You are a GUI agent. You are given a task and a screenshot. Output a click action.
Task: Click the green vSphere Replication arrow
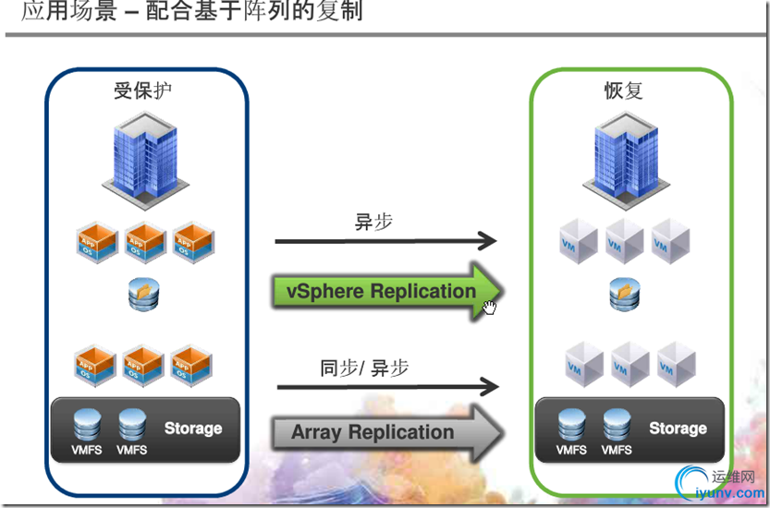pyautogui.click(x=388, y=291)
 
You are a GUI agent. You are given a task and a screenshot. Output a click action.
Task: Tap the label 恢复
pyautogui.click(x=623, y=91)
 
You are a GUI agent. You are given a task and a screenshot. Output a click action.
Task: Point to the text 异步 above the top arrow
pyautogui.click(x=374, y=222)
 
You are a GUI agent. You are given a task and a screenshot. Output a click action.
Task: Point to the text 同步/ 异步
pyautogui.click(x=364, y=369)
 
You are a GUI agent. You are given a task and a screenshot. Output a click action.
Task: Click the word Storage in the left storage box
pyautogui.click(x=193, y=429)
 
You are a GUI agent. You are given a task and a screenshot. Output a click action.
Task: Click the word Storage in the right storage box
pyautogui.click(x=678, y=429)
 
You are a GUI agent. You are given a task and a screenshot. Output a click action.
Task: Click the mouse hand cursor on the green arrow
pyautogui.click(x=489, y=307)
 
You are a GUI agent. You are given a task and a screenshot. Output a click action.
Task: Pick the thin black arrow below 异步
pyautogui.click(x=385, y=241)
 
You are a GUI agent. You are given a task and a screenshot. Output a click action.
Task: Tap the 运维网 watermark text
pyautogui.click(x=736, y=477)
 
